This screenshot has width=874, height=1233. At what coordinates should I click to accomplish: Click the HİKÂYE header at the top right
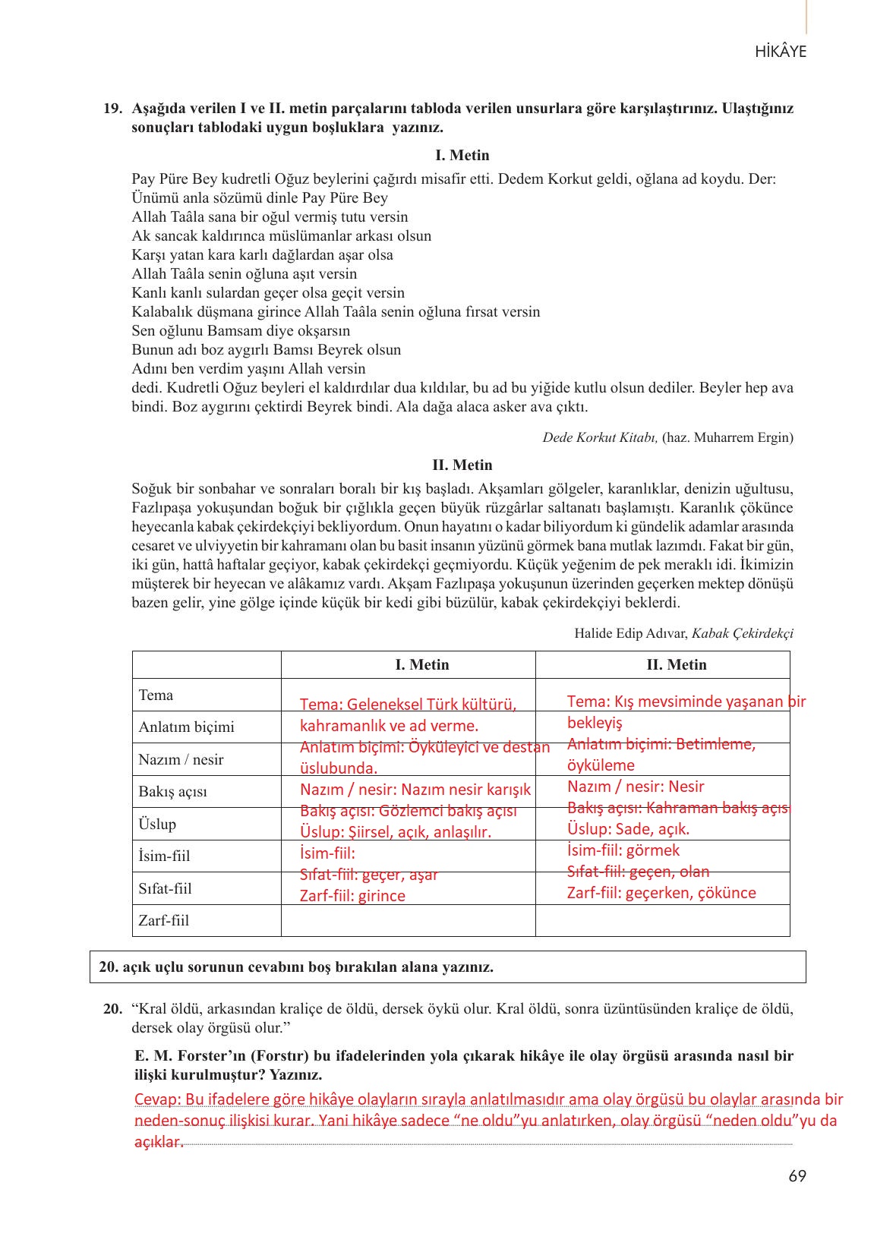pos(781,52)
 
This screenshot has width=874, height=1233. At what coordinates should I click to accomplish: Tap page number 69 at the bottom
pos(797,1176)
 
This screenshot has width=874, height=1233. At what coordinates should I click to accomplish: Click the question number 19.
pos(112,109)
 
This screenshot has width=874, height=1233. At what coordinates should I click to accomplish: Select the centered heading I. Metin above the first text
pos(462,156)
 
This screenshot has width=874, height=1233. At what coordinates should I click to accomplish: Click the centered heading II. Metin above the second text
pos(462,465)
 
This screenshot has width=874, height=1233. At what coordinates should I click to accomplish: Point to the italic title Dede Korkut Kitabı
pos(600,437)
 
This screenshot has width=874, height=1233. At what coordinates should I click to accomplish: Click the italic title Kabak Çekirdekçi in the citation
pos(743,633)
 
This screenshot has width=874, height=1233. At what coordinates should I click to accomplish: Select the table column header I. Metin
pos(421,665)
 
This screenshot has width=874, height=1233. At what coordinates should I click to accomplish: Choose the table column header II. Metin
pos(676,665)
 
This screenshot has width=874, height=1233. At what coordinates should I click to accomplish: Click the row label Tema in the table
pos(156,695)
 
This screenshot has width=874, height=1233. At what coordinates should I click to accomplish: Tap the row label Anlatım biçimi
pos(186,727)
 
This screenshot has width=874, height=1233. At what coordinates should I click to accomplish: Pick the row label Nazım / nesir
pos(181,760)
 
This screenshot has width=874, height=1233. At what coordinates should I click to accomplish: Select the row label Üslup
pos(157,825)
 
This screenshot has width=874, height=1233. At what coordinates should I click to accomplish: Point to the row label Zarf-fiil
pos(163,921)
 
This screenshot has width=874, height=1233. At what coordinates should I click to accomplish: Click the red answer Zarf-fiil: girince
pos(352,896)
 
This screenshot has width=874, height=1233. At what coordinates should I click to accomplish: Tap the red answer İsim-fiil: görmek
pos(623,850)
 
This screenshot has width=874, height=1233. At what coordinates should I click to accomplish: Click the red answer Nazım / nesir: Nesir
pos(636,787)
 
